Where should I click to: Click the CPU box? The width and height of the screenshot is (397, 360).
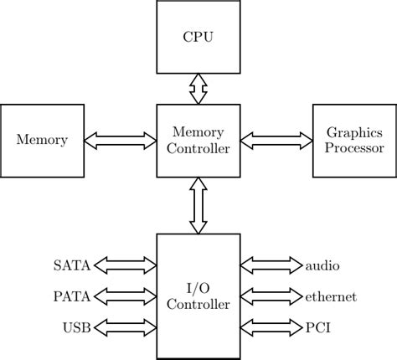coord(198,37)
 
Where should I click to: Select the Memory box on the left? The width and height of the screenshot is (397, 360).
coord(43,141)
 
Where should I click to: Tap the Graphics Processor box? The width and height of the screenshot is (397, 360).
coord(354,141)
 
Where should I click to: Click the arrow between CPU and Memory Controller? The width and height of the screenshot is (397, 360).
coord(198,89)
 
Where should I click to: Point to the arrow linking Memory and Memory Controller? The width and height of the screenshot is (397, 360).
coord(121,141)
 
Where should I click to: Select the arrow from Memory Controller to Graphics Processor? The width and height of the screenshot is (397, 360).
coord(276,141)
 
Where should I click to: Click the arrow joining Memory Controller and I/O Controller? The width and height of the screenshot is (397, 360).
coord(198,206)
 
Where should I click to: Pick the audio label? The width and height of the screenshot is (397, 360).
coord(322,266)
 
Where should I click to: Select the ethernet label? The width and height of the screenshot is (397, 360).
coord(331,296)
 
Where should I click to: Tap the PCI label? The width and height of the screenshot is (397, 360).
coord(317,327)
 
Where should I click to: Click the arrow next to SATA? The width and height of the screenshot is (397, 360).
coord(126,266)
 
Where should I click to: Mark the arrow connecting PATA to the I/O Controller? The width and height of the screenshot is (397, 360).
coord(126,296)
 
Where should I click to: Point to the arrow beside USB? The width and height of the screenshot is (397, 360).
coord(126,327)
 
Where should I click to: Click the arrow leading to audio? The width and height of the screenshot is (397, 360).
coord(271,266)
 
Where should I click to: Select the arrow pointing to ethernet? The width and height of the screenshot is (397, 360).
coord(271,296)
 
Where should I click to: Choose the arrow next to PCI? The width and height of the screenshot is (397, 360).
coord(271,327)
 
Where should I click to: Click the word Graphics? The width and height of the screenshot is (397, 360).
coord(354,133)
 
